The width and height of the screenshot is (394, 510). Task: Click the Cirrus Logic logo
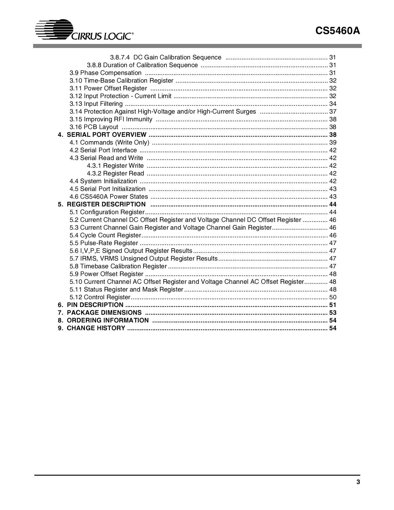tap(84, 31)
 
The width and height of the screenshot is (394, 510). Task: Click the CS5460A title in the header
tap(338, 31)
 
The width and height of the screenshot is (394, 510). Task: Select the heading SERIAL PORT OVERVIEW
tap(106, 135)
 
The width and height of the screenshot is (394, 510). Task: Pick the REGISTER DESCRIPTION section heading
tap(106, 204)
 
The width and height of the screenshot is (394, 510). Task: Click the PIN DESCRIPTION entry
tap(95, 305)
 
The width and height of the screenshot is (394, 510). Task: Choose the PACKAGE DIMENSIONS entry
tap(104, 313)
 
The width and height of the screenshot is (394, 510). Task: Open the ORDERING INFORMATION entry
tap(108, 320)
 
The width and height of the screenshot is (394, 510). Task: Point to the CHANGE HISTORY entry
tap(96, 328)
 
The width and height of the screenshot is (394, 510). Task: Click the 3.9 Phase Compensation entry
tap(106, 73)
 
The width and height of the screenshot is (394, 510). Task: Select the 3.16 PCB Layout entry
tap(94, 127)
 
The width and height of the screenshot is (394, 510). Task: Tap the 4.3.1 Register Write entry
tap(115, 166)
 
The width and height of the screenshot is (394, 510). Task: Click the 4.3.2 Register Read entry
tap(115, 173)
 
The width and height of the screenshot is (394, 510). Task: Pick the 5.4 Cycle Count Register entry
tap(105, 235)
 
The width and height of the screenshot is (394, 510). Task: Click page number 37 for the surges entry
tap(333, 111)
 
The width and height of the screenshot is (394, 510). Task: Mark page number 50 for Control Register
tap(333, 297)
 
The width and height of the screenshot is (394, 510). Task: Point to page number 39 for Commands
tap(333, 142)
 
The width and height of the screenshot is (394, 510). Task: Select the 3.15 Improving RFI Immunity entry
tap(111, 119)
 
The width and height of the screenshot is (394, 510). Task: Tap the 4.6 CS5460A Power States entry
tap(109, 197)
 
